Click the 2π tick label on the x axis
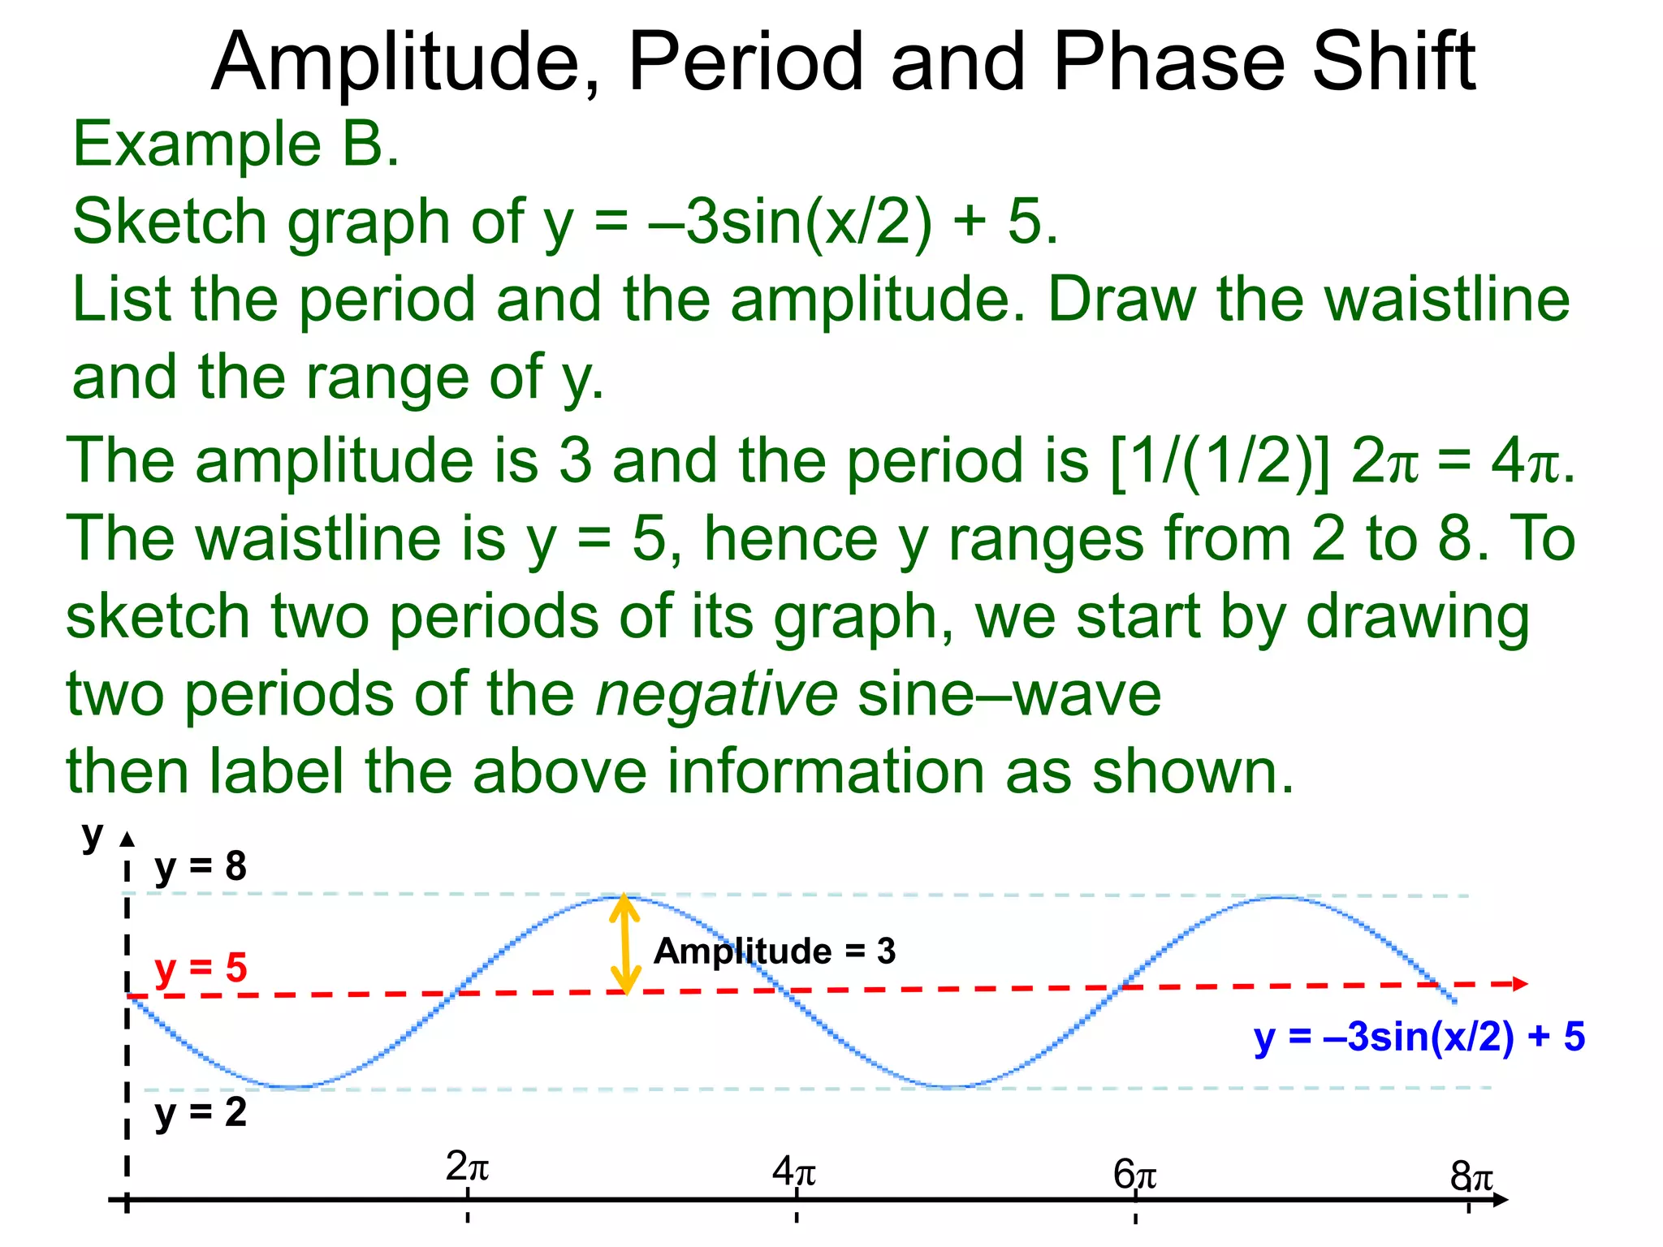pos(467,1168)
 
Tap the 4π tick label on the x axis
pos(793,1171)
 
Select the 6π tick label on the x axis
pos(1134,1175)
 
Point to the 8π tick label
pos(1471,1176)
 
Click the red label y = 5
pos(201,969)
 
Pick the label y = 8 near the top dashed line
pos(201,867)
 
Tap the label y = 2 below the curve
pos(201,1112)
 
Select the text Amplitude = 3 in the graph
pos(774,951)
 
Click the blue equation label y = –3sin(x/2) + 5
pos(1419,1038)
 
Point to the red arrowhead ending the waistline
pos(1518,984)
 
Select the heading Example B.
pos(236,145)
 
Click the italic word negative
pos(716,695)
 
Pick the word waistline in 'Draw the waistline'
pos(1446,300)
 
